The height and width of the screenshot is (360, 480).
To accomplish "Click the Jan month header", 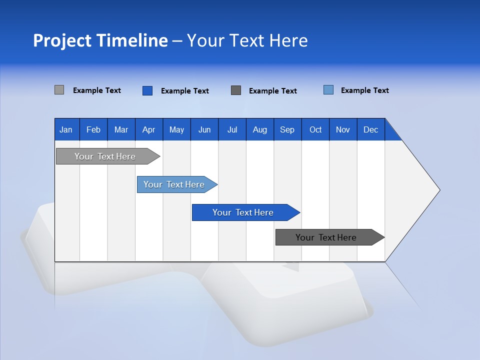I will tap(66, 129).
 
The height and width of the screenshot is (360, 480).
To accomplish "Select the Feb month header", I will tap(93, 129).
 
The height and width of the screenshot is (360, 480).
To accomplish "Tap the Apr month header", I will tap(148, 129).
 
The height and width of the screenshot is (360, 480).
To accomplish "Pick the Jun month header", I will tap(204, 129).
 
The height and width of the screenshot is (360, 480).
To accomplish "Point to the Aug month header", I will tap(259, 129).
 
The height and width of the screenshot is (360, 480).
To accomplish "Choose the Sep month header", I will tap(287, 129).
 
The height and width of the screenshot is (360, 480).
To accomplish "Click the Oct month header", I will tap(315, 129).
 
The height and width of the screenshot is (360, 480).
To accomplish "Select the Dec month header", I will tap(370, 129).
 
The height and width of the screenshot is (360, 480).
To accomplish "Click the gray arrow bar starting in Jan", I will tap(105, 156).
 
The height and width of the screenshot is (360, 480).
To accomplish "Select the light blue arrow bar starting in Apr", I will tap(174, 184).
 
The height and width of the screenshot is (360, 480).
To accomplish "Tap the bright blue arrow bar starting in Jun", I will tap(243, 212).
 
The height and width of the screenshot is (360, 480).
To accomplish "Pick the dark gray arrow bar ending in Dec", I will tap(326, 237).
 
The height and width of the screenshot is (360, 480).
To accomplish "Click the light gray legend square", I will tap(59, 90).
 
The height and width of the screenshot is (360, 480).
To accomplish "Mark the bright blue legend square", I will tap(147, 90).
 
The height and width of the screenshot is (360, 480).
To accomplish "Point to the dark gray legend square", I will tap(236, 90).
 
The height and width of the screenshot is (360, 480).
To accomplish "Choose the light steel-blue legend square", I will tap(328, 90).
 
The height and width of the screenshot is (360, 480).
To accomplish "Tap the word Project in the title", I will tap(62, 40).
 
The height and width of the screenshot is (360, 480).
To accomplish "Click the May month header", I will tap(176, 129).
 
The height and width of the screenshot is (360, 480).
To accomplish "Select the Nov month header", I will tap(343, 129).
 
